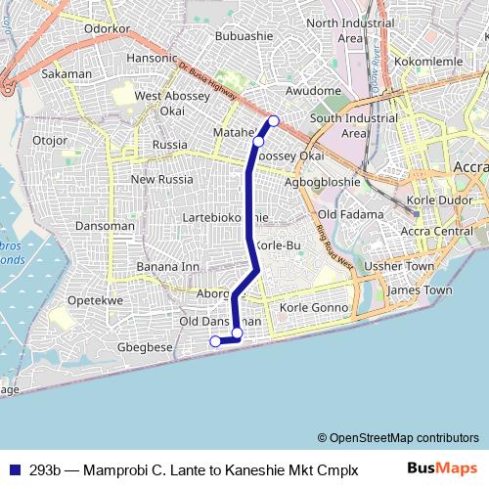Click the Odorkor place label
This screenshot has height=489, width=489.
click(x=108, y=29)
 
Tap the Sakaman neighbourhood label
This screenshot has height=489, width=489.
click(x=67, y=73)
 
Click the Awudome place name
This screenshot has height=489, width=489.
click(x=313, y=91)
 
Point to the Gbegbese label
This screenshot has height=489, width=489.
click(x=145, y=347)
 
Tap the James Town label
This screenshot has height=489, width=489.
click(x=420, y=290)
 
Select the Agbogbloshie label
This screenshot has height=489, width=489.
click(x=322, y=182)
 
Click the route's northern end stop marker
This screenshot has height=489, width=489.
click(x=274, y=120)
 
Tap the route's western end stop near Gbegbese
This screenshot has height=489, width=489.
click(x=215, y=340)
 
